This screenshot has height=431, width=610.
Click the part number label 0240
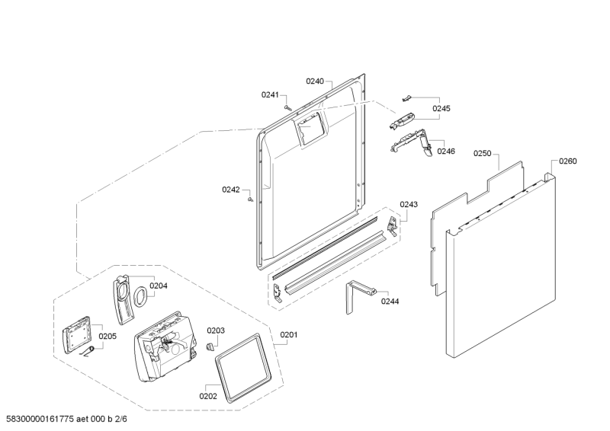coord(315,81)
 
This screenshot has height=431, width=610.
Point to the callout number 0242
coord(231,190)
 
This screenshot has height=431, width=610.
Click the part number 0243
coord(409,204)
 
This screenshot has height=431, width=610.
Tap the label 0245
coord(441,108)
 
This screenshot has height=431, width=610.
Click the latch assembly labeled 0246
coord(412,142)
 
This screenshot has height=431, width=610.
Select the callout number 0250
coord(483,154)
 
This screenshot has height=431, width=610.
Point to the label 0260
coord(568,161)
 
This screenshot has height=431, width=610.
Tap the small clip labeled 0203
coord(210,345)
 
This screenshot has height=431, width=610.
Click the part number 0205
coord(108,336)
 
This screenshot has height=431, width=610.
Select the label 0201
coord(289,334)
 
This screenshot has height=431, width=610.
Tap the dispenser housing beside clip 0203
coord(165,346)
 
